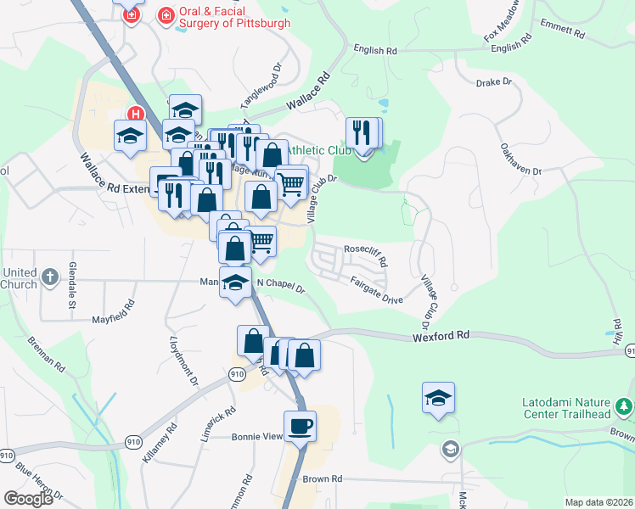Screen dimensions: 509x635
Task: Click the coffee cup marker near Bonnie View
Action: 300,426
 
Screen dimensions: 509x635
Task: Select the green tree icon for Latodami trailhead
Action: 624,408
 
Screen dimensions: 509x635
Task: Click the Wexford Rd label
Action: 441,336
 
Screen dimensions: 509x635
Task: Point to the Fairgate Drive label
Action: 376,294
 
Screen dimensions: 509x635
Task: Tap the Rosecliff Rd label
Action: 365,252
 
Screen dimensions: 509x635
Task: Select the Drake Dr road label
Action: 494,82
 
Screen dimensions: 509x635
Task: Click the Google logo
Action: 28,498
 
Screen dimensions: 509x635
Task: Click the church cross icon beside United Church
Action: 50,277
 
